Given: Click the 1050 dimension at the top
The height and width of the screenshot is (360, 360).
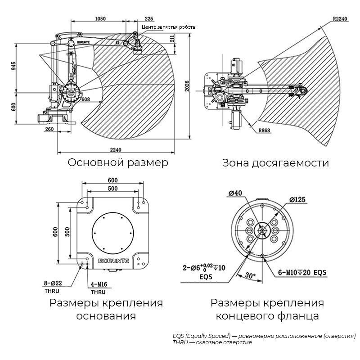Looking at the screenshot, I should point(100,18).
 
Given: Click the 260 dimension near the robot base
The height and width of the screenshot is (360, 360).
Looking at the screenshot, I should point(49,129).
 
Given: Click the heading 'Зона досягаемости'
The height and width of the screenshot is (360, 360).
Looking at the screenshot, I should point(275,163).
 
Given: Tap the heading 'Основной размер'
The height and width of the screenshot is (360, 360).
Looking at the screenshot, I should point(118,162).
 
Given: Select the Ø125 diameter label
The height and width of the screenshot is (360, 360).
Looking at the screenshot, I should point(297,199).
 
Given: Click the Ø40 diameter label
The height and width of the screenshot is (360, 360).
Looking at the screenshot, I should point(235,193).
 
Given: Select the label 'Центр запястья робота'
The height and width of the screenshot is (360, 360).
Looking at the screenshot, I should point(168,27).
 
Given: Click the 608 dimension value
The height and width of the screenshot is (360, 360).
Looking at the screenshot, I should point(85,99).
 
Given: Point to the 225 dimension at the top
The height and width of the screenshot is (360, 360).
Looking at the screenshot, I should point(149,18).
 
